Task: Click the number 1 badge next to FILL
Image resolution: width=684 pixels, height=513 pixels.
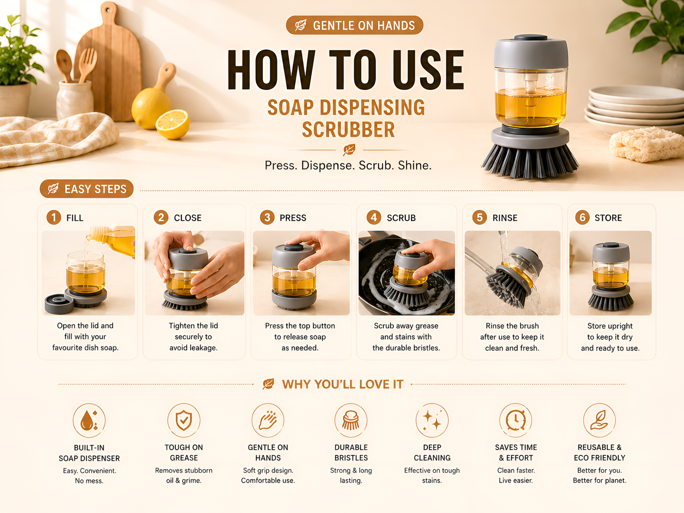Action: pyautogui.click(x=54, y=217)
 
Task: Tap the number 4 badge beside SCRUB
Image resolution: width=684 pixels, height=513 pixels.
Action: pyautogui.click(x=374, y=217)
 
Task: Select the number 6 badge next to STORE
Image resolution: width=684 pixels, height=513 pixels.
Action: pyautogui.click(x=582, y=217)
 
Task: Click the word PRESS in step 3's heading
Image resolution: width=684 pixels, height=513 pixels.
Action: pyautogui.click(x=293, y=218)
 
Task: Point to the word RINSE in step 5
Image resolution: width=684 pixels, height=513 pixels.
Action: pyautogui.click(x=505, y=218)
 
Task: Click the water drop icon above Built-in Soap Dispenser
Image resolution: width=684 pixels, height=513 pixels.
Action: pyautogui.click(x=89, y=420)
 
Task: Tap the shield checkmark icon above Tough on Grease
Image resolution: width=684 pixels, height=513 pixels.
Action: pyautogui.click(x=184, y=420)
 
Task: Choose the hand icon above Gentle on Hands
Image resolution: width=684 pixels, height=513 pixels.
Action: pyautogui.click(x=268, y=420)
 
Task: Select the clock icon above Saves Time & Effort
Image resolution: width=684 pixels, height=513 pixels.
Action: pyautogui.click(x=516, y=420)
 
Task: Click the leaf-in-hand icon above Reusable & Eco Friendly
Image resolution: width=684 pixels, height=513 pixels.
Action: pyautogui.click(x=599, y=420)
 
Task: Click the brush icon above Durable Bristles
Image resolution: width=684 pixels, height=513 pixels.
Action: pyautogui.click(x=351, y=420)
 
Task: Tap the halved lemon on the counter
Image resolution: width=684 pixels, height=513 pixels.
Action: pyautogui.click(x=172, y=124)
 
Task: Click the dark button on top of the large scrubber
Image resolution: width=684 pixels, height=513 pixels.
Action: pyautogui.click(x=531, y=37)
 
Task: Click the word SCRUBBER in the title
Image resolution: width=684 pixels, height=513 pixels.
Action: pyautogui.click(x=348, y=130)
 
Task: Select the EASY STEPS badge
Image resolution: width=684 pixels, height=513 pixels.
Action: pyautogui.click(x=87, y=189)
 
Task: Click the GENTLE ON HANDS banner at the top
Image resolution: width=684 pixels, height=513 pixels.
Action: pyautogui.click(x=355, y=25)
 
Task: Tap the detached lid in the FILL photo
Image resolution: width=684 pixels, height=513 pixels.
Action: pyautogui.click(x=59, y=303)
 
